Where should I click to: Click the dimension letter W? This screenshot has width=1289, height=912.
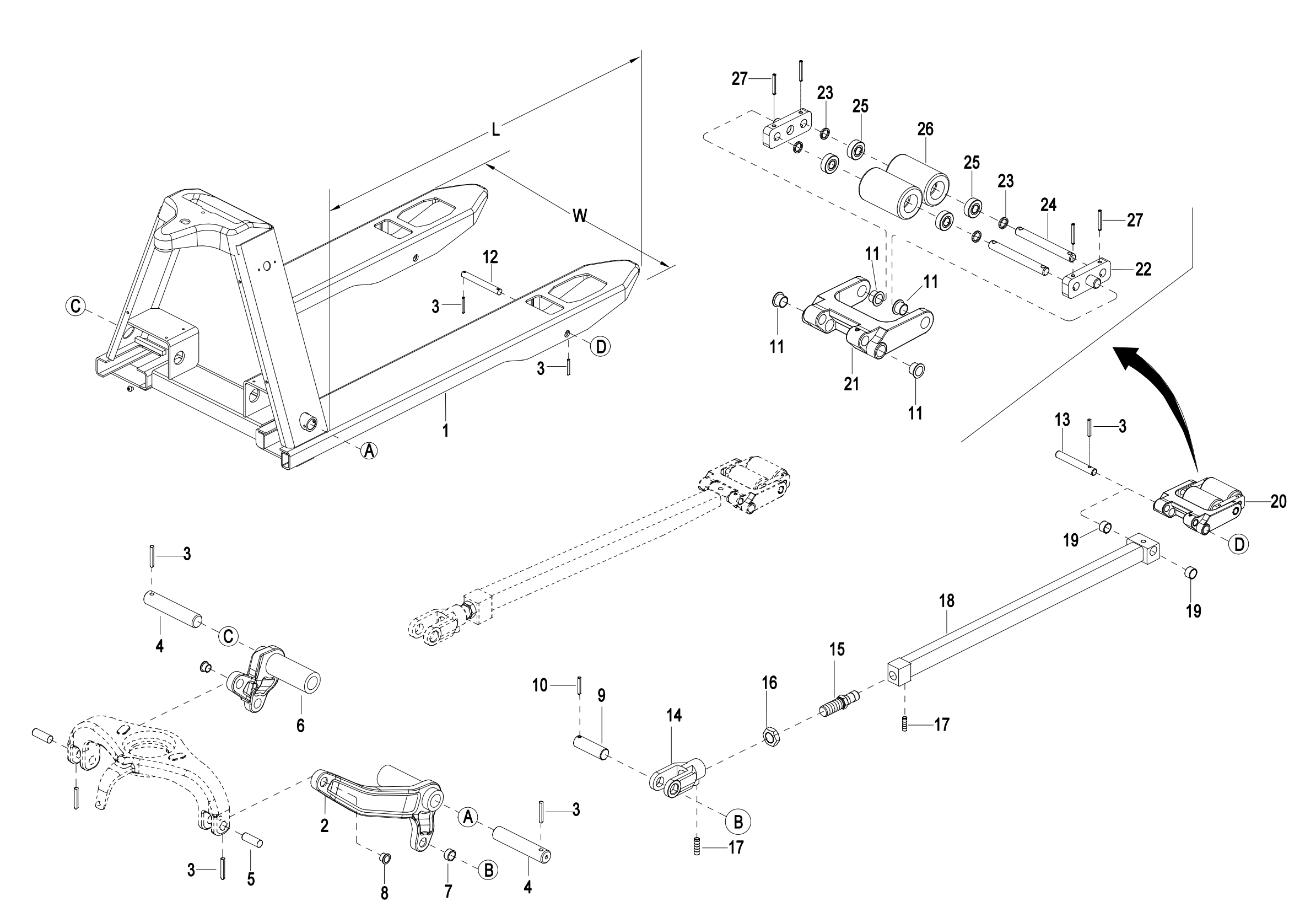[x=580, y=215]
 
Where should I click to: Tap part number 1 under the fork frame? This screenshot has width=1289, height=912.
[x=445, y=431]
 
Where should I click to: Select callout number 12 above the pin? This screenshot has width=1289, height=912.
[x=490, y=257]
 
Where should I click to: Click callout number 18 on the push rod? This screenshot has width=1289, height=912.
[x=947, y=601]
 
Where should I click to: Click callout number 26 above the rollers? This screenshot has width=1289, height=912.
[x=925, y=129]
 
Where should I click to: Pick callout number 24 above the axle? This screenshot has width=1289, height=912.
[x=1048, y=205]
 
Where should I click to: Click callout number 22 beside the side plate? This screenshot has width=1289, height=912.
[x=1142, y=270]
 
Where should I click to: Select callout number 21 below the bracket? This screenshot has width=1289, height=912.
[x=851, y=384]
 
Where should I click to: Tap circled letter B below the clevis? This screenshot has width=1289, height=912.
[x=738, y=821]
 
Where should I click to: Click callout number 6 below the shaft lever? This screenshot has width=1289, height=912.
[x=300, y=726]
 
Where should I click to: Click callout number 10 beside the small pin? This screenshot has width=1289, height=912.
[x=540, y=685]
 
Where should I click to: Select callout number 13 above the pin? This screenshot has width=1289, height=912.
[x=1061, y=420]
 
